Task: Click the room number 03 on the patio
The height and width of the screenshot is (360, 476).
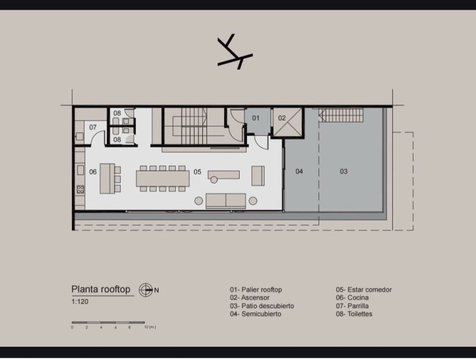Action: (x=343, y=171)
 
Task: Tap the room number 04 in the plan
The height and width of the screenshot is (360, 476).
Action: (x=299, y=171)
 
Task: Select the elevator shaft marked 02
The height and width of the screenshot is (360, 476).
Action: (x=287, y=122)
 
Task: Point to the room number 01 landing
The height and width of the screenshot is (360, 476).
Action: (x=256, y=118)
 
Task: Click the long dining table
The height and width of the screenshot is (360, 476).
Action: (x=163, y=178)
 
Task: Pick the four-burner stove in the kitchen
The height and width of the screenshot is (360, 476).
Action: (x=81, y=190)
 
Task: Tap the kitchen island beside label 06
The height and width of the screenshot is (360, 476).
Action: (x=107, y=178)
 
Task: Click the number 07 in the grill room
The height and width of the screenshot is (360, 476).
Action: (x=92, y=127)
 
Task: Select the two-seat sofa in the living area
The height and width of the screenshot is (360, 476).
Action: (x=226, y=201)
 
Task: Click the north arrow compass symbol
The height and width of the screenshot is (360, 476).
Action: (x=146, y=290)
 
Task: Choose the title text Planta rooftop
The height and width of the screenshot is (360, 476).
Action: (x=101, y=289)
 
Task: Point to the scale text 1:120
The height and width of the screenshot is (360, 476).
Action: (x=80, y=302)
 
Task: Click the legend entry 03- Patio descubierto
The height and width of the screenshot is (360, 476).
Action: (x=262, y=306)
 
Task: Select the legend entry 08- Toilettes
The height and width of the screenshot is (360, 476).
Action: (x=354, y=314)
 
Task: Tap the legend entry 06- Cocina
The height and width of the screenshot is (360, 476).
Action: (x=352, y=298)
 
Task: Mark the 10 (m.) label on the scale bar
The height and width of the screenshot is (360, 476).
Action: (x=150, y=327)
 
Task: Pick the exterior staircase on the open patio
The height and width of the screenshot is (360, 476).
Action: (x=341, y=116)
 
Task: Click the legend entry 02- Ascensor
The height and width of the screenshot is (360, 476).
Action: (x=249, y=298)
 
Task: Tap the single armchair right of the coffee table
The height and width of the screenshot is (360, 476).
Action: (x=258, y=176)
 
